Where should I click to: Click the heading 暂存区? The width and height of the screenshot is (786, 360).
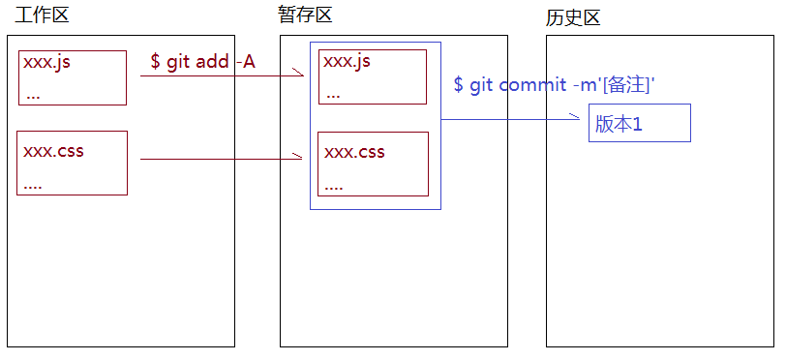[306, 15]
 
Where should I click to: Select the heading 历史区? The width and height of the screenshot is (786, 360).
[574, 18]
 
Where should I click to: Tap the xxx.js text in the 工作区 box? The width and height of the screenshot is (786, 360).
[47, 64]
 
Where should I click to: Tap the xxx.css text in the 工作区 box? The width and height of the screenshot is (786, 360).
[52, 151]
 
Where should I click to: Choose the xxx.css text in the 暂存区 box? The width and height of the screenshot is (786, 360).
[354, 152]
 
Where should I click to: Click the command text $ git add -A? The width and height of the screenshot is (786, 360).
[202, 63]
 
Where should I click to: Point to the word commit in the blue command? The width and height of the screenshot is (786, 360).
[531, 85]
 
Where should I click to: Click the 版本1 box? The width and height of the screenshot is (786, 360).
[639, 124]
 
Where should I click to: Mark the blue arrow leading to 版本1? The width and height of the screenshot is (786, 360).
[513, 120]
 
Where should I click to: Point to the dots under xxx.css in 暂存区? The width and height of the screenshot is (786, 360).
[336, 185]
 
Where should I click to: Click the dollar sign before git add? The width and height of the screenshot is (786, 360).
[155, 63]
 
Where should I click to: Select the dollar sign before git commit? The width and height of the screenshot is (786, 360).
[458, 85]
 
